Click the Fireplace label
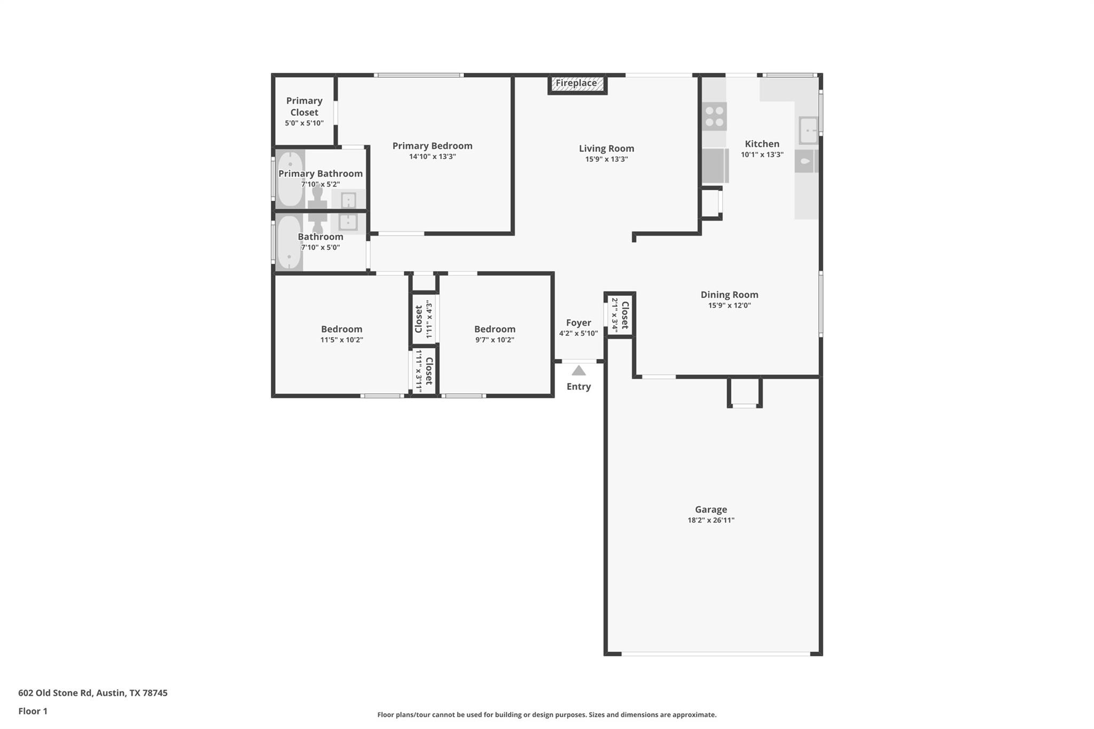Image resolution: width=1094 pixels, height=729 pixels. [x=576, y=83]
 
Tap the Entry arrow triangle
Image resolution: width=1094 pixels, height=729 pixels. [x=579, y=371]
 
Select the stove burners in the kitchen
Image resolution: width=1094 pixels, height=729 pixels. [x=714, y=116]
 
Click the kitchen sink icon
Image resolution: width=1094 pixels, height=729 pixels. [x=808, y=130]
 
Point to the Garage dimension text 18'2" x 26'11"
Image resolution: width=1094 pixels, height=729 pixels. [x=710, y=520]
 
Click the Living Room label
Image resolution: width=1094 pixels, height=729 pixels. [x=606, y=148]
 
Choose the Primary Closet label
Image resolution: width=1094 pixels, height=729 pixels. [x=304, y=106]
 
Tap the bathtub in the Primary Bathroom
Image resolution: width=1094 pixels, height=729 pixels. [x=290, y=179]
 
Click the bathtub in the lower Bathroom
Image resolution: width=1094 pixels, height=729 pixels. [x=289, y=243]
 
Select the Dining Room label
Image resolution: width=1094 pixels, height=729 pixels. [x=729, y=295]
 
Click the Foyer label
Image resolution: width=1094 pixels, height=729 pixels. [x=579, y=323]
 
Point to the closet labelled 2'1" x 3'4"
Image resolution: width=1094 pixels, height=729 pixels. [x=620, y=315]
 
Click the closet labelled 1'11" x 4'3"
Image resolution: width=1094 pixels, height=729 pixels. [x=424, y=319]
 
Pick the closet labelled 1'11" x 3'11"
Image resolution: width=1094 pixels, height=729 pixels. [x=424, y=371]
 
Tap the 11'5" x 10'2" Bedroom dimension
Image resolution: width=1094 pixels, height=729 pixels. [x=341, y=340]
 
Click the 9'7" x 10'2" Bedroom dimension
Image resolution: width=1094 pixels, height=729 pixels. [x=495, y=340]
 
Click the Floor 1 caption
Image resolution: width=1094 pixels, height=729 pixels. [x=33, y=711]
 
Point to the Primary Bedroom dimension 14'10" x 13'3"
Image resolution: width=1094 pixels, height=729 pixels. [x=432, y=157]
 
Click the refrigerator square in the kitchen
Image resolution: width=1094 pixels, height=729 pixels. [x=715, y=166]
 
